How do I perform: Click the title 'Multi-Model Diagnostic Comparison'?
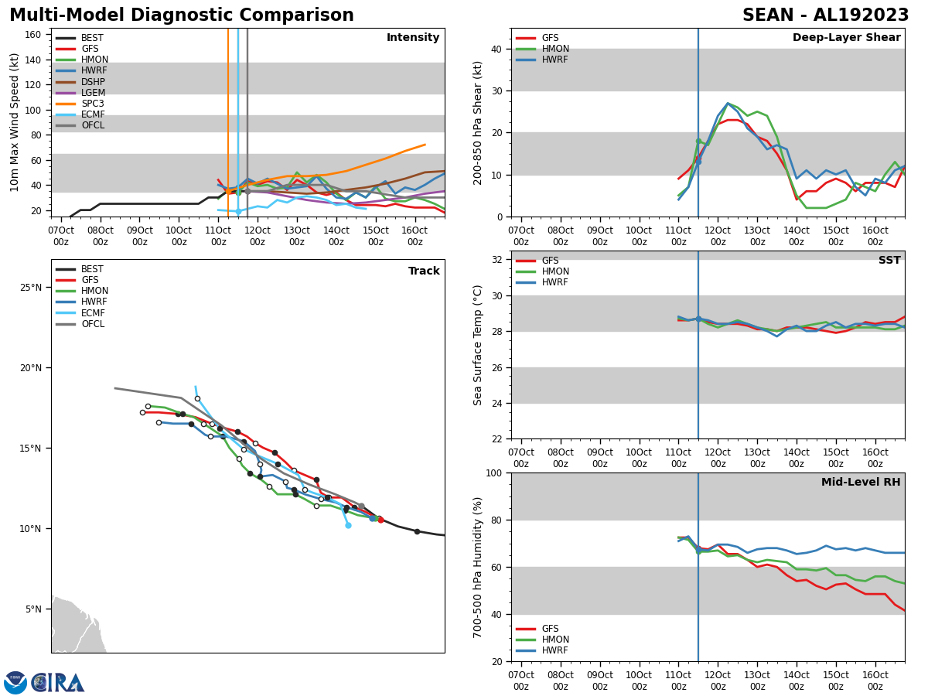[181, 15]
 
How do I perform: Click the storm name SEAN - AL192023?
[825, 15]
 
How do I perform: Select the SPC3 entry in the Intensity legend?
[93, 104]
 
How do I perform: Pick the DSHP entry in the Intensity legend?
[94, 82]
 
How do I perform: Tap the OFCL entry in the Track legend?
[93, 324]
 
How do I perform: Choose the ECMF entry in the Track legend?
[93, 313]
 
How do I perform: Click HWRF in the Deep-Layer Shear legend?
[555, 60]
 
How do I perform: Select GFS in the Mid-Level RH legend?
[550, 629]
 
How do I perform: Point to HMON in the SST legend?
[555, 271]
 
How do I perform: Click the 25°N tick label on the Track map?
[31, 288]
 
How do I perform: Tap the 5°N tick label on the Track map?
[33, 609]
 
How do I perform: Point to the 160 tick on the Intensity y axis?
[33, 35]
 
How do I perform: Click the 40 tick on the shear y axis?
[496, 49]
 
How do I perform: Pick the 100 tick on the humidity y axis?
[493, 473]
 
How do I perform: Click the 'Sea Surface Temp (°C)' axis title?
[479, 345]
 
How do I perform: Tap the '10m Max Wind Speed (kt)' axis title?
[15, 122]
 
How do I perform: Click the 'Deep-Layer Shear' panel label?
[846, 38]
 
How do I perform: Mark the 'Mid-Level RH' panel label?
[860, 483]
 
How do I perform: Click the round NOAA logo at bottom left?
[15, 683]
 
